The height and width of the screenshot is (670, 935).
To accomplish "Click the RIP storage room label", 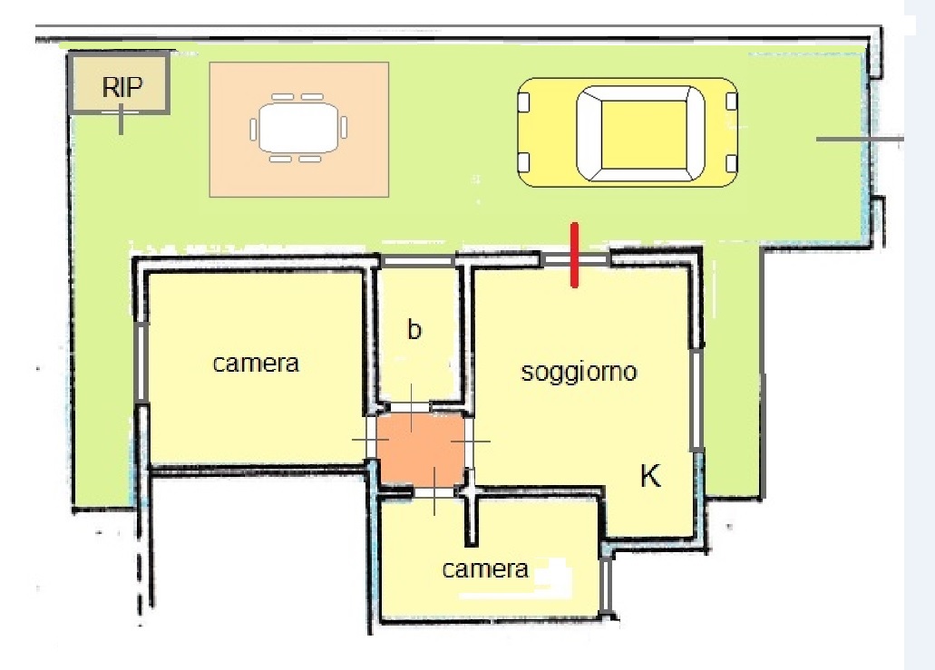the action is pyautogui.click(x=122, y=88).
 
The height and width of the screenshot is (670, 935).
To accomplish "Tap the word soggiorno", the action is pyautogui.click(x=579, y=372).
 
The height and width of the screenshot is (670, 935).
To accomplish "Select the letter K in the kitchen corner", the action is pyautogui.click(x=650, y=476).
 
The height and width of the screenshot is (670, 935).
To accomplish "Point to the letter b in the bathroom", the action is pyautogui.click(x=414, y=328).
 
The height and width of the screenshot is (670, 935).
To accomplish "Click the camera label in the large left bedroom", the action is pyautogui.click(x=256, y=363).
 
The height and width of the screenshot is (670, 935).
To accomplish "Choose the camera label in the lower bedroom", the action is pyautogui.click(x=485, y=569).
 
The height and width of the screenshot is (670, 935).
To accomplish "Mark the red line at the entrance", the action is pyautogui.click(x=574, y=255).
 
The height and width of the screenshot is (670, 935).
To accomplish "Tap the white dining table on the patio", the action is pyautogui.click(x=298, y=128).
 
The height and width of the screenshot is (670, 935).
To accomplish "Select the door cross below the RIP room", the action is pyautogui.click(x=121, y=119).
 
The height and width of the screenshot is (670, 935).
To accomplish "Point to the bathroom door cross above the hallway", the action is pyautogui.click(x=412, y=408).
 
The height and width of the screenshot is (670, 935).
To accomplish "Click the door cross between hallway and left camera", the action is pyautogui.click(x=371, y=441).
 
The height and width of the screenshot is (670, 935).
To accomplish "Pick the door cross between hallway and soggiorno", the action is pyautogui.click(x=470, y=442).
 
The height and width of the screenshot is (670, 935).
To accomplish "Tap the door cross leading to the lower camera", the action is pyautogui.click(x=434, y=491).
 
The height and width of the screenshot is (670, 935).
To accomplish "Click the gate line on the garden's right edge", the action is pyautogui.click(x=860, y=139).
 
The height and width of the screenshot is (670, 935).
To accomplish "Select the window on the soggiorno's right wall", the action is pyautogui.click(x=696, y=400).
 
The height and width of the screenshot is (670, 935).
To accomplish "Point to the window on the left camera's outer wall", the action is pyautogui.click(x=141, y=363).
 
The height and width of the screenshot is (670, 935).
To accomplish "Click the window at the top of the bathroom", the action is pyautogui.click(x=417, y=261).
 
